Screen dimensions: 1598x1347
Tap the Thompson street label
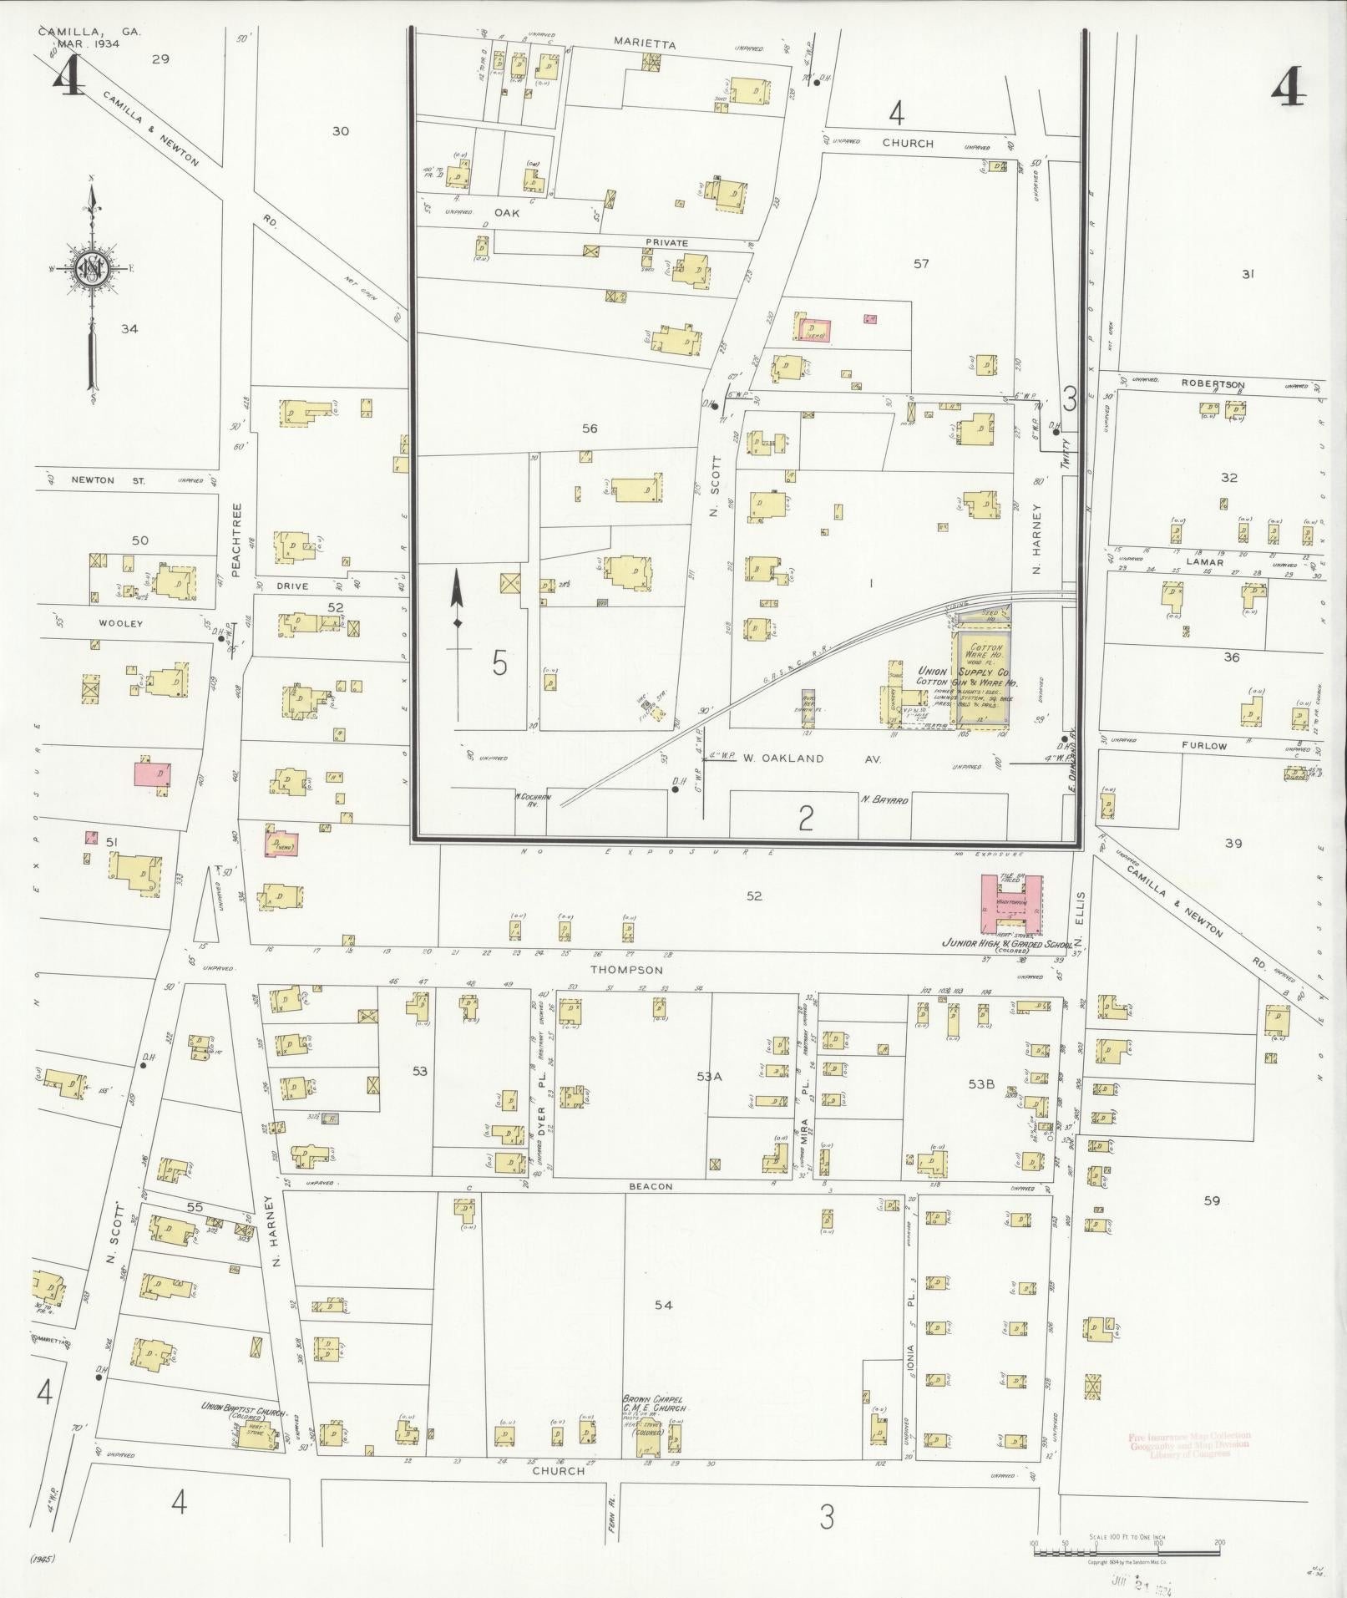pyautogui.click(x=626, y=970)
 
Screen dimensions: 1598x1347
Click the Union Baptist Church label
pyautogui.click(x=243, y=1408)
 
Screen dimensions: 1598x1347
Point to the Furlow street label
pyautogui.click(x=1204, y=746)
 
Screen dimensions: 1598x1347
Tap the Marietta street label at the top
pyautogui.click(x=644, y=43)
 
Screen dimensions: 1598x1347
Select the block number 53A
pyautogui.click(x=709, y=1076)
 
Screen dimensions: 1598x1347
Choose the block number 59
pyautogui.click(x=1212, y=1200)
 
